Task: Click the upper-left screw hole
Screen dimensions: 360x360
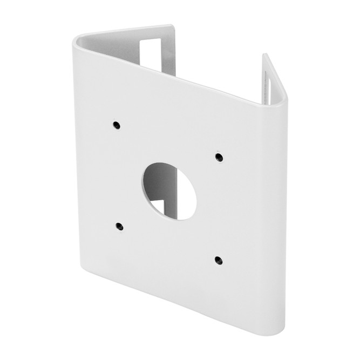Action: pyautogui.click(x=117, y=125)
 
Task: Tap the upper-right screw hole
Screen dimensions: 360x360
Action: pyautogui.click(x=219, y=157)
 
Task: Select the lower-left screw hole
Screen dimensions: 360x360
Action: pyautogui.click(x=119, y=226)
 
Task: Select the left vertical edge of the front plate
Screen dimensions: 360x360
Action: pyautogui.click(x=76, y=162)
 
